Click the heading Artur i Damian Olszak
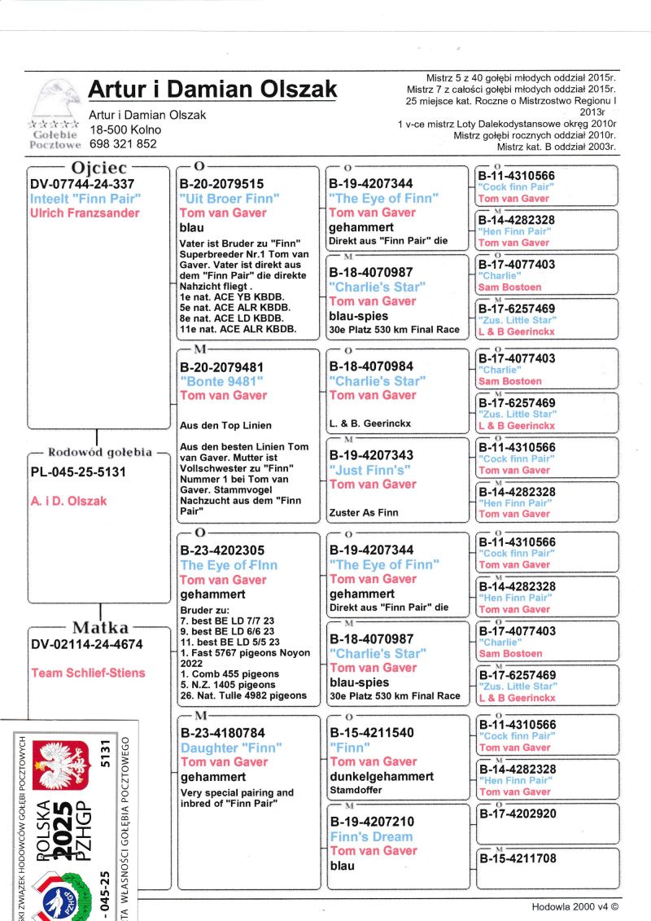click(x=212, y=89)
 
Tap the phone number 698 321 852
click(x=123, y=143)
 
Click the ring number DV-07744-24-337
click(x=82, y=184)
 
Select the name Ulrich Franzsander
click(x=85, y=213)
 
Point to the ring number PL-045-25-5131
click(x=78, y=471)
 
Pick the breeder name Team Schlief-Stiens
click(x=88, y=673)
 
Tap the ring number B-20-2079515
click(x=222, y=184)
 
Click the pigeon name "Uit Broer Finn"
click(x=229, y=199)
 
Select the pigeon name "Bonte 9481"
click(x=221, y=381)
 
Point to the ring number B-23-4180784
click(x=222, y=733)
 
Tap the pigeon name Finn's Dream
click(x=371, y=836)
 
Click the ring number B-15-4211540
click(x=371, y=733)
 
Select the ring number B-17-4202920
click(x=518, y=814)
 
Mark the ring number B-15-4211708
click(x=518, y=858)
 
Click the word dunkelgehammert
click(x=381, y=777)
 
